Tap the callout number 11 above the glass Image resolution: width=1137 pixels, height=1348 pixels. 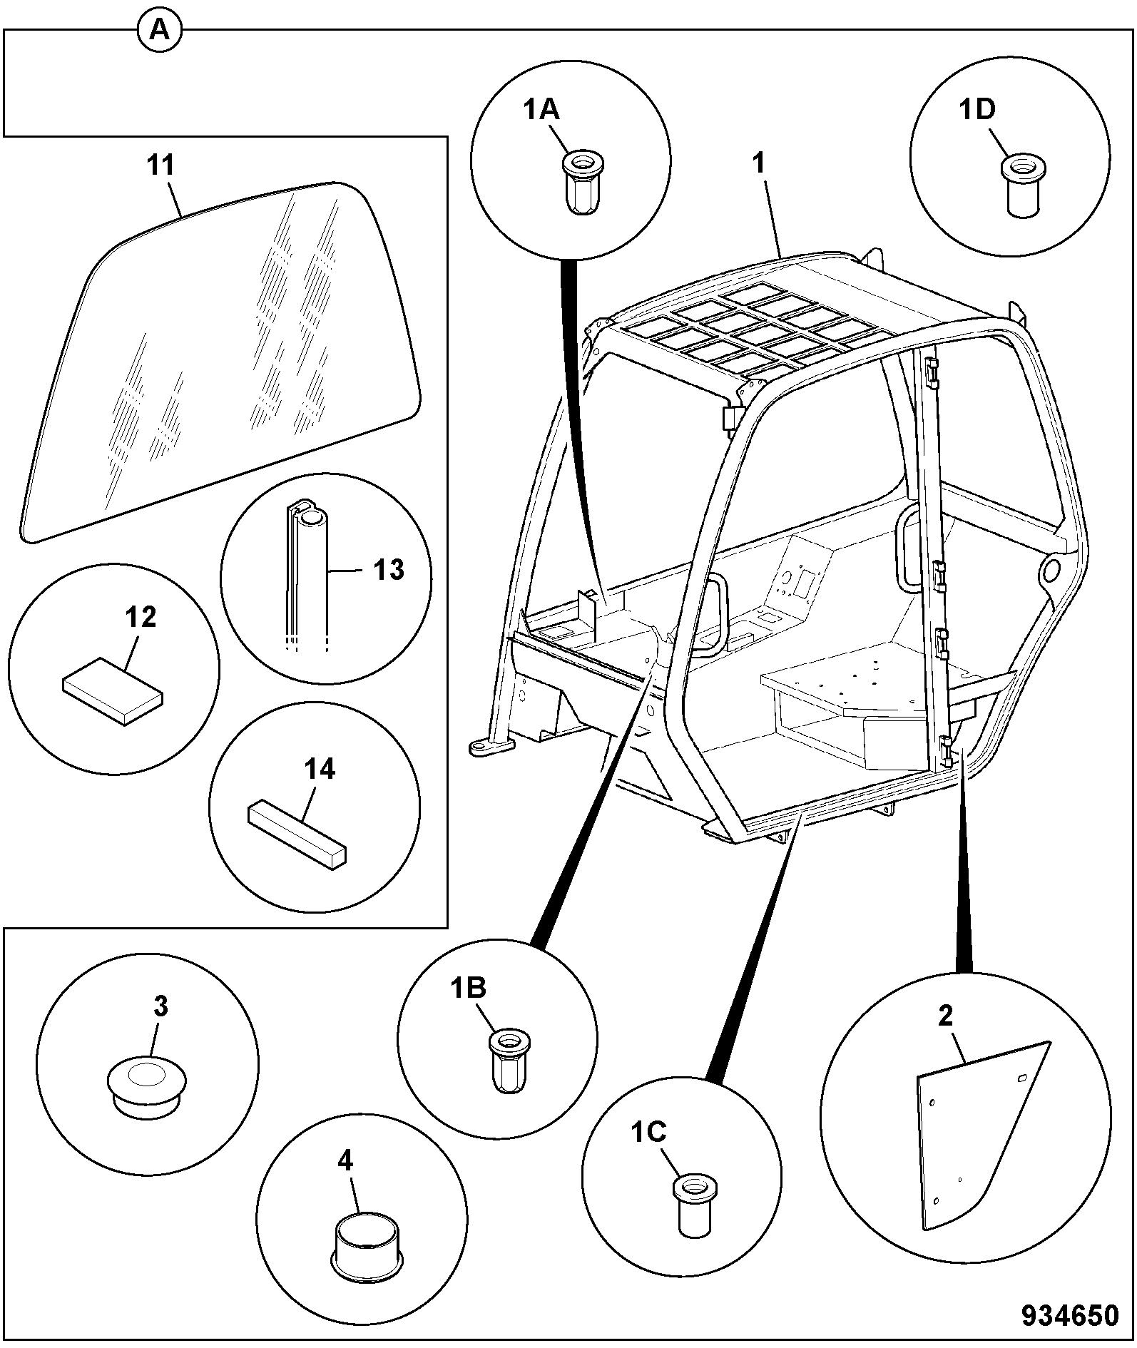tap(161, 165)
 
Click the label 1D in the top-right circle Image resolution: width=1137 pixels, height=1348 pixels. tap(977, 110)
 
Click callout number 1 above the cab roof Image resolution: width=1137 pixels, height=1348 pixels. tap(759, 164)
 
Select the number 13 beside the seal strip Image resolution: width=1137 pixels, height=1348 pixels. tap(389, 570)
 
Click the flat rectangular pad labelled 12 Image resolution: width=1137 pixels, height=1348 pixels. tap(113, 690)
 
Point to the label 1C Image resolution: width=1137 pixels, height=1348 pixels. tap(648, 1131)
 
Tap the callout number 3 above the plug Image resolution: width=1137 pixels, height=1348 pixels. tap(160, 1006)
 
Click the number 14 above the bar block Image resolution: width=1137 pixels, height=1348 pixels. tap(320, 770)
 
